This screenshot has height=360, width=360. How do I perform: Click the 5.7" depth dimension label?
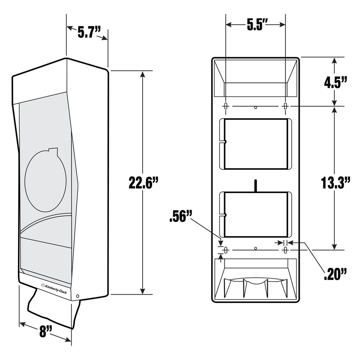pyautogui.click(x=87, y=33)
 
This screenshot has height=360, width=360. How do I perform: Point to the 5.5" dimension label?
pyautogui.click(x=255, y=25)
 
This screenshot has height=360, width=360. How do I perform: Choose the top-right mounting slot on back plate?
pyautogui.click(x=285, y=107)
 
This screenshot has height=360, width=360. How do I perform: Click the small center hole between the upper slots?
pyautogui.click(x=256, y=107)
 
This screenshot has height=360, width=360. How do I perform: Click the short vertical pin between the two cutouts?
pyautogui.click(x=256, y=185)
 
